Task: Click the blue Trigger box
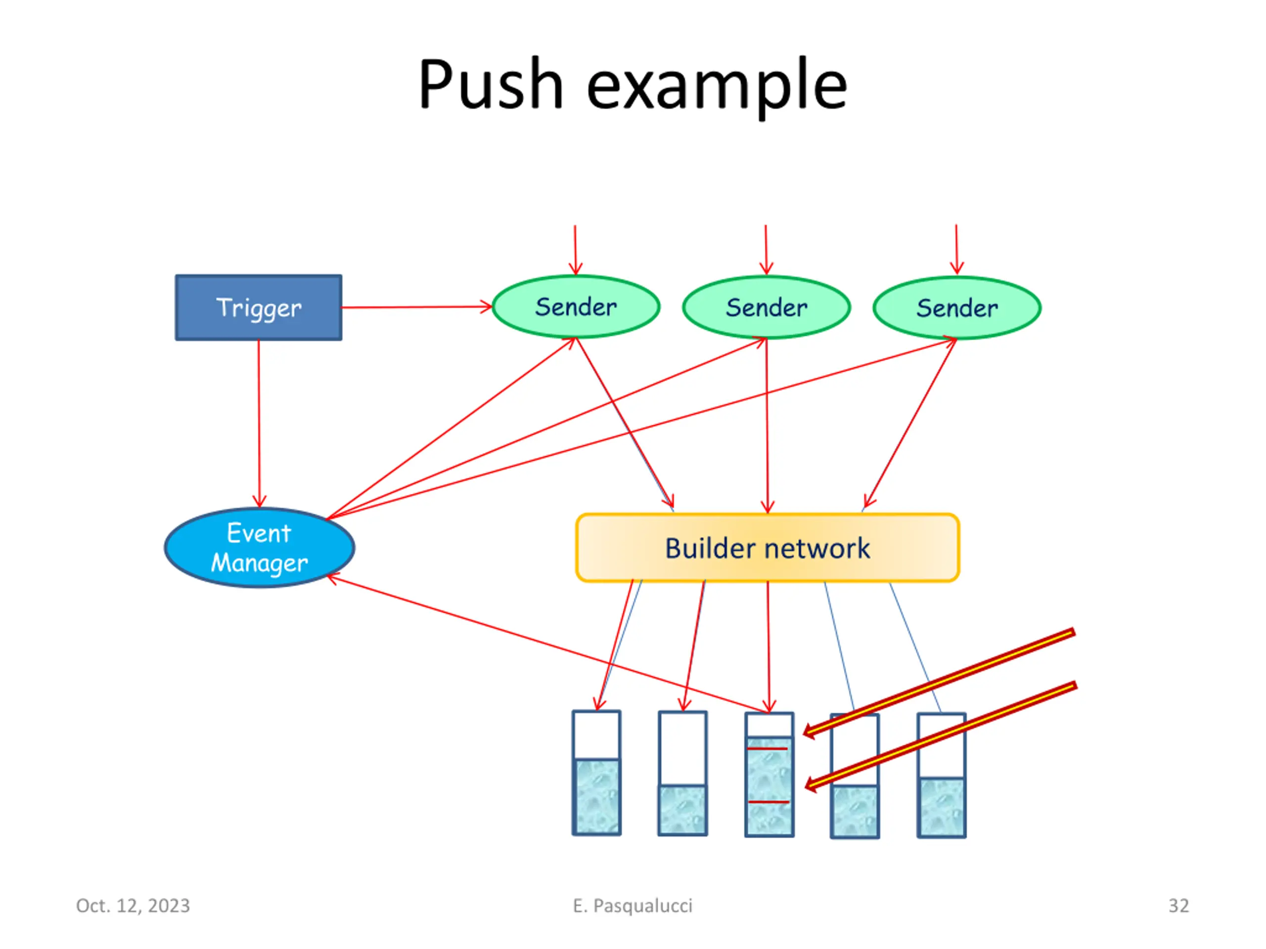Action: pos(259,308)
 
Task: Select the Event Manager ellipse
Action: pos(259,548)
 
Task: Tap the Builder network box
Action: pos(768,548)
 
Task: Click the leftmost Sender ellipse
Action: pos(576,307)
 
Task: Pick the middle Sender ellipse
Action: pos(767,308)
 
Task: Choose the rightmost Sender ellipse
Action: pos(957,308)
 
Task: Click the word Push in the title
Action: pos(491,84)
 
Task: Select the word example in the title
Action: pos(717,87)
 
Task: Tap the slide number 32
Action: pos(1178,906)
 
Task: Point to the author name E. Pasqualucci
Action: pos(633,906)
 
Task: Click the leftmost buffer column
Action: pos(596,773)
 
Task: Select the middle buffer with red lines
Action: pos(769,774)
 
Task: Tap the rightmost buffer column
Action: pos(942,775)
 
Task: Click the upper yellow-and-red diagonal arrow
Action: pos(939,683)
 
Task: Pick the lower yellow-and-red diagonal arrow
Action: pos(940,736)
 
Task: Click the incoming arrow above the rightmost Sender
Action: pos(956,250)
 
